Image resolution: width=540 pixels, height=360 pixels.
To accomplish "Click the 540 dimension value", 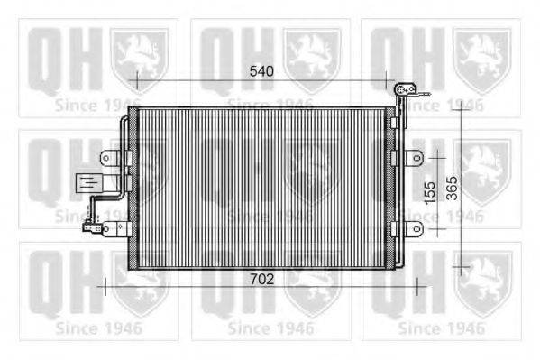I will coord(261,69).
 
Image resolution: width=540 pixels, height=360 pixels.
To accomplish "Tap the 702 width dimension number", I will coord(261,279).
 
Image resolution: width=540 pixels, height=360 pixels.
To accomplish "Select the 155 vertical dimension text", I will coord(430,189).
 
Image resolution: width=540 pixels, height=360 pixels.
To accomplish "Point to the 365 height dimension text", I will coord(452,189).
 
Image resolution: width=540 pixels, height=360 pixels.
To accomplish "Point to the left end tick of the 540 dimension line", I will coord(137,79).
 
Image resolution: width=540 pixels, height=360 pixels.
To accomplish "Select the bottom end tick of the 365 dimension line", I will coord(462,267).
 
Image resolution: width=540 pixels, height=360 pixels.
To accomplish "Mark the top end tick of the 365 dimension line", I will coord(462,107).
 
